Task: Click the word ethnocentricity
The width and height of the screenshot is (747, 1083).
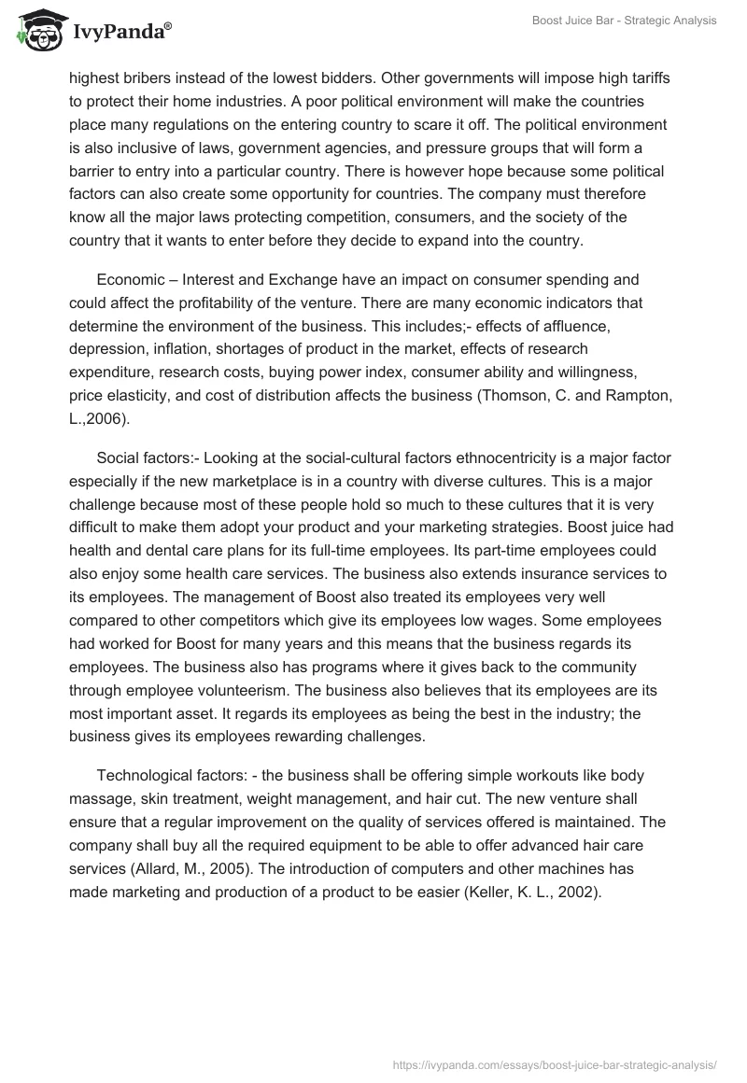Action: point(504,457)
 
